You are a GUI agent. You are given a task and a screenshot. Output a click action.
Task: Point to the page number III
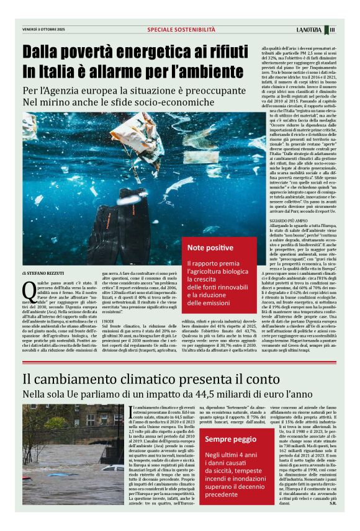[333, 29]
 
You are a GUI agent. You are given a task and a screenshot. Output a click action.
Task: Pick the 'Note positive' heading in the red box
[210, 248]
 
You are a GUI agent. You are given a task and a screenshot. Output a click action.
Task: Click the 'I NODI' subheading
[109, 321]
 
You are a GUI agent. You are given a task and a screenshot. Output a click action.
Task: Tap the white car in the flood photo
[112, 468]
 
